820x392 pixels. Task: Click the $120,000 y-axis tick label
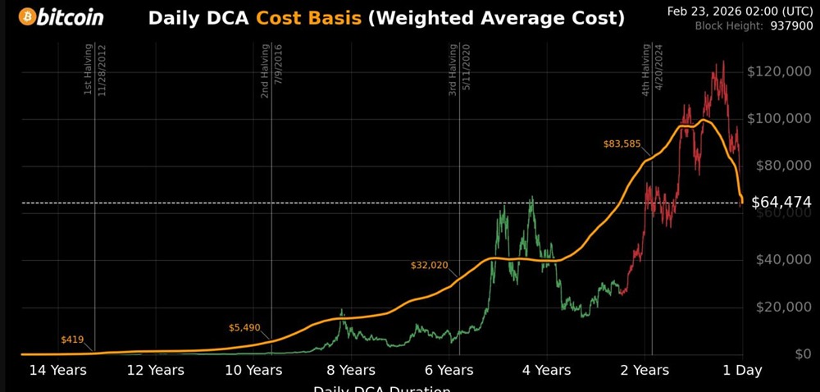tap(779, 71)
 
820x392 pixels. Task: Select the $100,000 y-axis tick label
tap(779, 119)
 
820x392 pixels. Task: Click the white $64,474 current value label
tap(781, 202)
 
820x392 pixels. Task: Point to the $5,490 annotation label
tap(244, 328)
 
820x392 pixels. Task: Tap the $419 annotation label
tap(73, 339)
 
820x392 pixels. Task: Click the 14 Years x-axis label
tap(57, 371)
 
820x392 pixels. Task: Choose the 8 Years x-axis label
tap(351, 371)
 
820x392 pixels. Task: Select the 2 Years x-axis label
tap(645, 371)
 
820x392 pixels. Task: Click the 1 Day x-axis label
tap(742, 371)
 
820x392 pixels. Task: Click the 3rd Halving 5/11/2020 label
tap(459, 71)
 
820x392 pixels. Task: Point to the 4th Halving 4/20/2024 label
tap(652, 71)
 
